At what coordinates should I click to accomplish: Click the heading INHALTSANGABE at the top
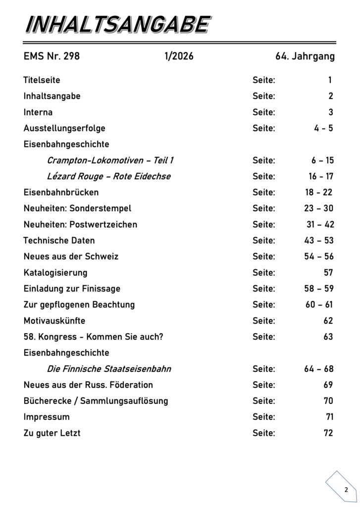(116, 25)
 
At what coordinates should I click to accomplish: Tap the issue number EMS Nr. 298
(51, 56)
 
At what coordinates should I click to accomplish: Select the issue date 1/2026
(179, 56)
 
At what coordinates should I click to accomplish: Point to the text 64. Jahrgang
(305, 56)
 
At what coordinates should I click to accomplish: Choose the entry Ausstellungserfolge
(64, 128)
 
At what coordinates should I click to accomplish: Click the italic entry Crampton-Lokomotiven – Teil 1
(110, 160)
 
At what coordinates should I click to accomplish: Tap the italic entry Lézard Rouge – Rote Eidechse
(109, 176)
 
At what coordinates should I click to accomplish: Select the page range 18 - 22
(319, 192)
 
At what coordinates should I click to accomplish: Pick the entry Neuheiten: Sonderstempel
(77, 208)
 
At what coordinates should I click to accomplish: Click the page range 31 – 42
(320, 224)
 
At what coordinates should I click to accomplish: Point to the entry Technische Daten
(59, 241)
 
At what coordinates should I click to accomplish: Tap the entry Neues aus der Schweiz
(71, 256)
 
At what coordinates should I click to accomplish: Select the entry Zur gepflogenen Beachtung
(79, 304)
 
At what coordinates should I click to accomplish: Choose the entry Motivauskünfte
(54, 321)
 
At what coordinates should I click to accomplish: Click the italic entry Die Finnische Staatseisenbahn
(109, 369)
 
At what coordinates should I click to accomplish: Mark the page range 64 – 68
(319, 369)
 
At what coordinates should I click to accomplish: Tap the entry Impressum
(47, 417)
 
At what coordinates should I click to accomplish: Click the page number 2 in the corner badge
(346, 490)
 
